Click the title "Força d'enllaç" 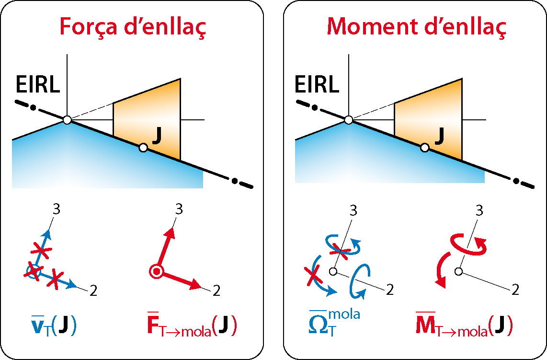click(x=133, y=27)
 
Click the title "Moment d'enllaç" click(x=416, y=27)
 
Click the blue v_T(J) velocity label click(x=51, y=325)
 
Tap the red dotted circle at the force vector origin click(x=156, y=272)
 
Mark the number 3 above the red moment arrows click(x=479, y=209)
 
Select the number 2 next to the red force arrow click(x=216, y=290)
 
